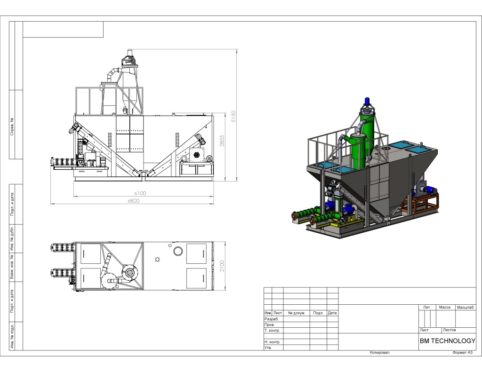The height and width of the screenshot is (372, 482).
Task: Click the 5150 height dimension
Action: click(x=233, y=117)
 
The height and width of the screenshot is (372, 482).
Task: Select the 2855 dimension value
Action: click(x=222, y=141)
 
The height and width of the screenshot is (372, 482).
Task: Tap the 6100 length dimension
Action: click(x=140, y=193)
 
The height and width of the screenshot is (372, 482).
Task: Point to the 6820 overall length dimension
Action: click(x=134, y=201)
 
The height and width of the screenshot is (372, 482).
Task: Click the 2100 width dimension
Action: click(x=222, y=266)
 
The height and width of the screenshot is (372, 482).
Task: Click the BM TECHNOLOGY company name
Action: click(x=448, y=340)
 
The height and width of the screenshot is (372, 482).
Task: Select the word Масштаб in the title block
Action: click(x=466, y=308)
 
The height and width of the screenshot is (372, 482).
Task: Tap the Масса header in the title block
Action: click(x=445, y=307)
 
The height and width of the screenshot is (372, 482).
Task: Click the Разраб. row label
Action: click(x=271, y=319)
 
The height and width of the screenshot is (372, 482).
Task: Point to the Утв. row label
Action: click(x=268, y=348)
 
